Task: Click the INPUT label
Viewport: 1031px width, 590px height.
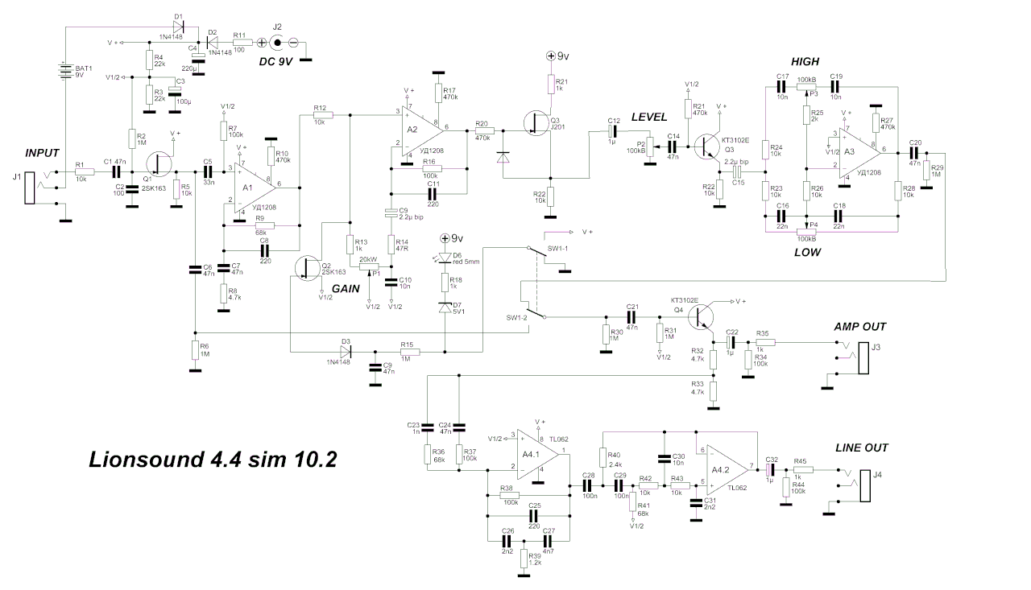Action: [x=43, y=152]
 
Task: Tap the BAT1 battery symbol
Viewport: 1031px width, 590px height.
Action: [x=65, y=70]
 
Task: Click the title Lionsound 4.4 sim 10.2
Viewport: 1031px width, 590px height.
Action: [x=213, y=460]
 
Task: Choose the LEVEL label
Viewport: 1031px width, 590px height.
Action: [x=649, y=118]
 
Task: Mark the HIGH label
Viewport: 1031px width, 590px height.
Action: [x=805, y=62]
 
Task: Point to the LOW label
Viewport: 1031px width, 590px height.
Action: [x=808, y=252]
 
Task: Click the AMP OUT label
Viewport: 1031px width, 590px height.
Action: [x=860, y=326]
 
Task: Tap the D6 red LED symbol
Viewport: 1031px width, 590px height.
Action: [x=445, y=257]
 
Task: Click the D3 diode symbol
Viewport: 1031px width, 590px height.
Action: [x=347, y=351]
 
